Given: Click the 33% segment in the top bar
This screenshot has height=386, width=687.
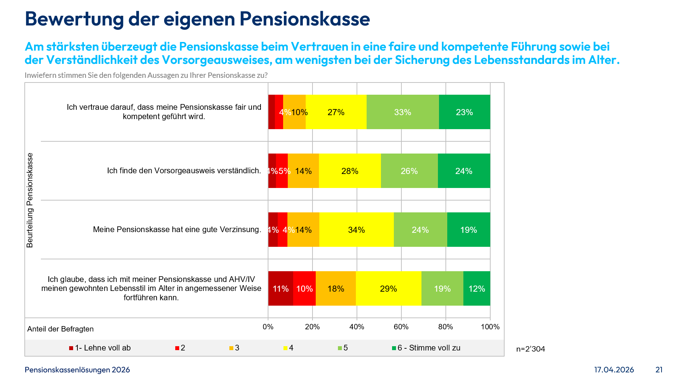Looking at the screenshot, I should pos(402,112).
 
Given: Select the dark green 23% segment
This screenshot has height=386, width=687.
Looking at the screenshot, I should pos(464,112).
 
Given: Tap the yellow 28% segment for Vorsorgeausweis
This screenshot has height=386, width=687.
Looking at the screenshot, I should pos(349,171).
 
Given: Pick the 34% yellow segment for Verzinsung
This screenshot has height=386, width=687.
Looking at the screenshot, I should pos(356,230).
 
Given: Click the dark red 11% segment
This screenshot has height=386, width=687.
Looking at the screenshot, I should pos(280,288).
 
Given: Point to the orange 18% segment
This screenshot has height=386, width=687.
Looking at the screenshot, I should pos(335,288).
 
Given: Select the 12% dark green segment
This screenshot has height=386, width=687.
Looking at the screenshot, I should pos(476,288).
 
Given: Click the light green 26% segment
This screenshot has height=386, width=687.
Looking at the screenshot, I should pos(409,171).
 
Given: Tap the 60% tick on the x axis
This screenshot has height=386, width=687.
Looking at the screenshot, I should pos(401,327).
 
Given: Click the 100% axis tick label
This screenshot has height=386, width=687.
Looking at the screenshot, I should pos(490,327).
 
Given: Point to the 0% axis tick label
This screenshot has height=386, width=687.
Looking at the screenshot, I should pos(268,327).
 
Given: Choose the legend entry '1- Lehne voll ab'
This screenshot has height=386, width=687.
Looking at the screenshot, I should pos(102,348).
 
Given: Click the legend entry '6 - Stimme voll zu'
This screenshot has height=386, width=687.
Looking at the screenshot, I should pos(429,348).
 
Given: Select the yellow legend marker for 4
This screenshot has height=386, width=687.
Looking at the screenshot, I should pos(286,348).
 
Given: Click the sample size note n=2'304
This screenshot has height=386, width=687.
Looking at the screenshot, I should pos(530,349).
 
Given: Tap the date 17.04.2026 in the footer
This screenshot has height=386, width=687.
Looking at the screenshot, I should pos(614,370).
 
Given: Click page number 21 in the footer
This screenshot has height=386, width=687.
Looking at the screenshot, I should pos(659,370).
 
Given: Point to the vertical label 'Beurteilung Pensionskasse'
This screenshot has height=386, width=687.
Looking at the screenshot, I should pos(30,200).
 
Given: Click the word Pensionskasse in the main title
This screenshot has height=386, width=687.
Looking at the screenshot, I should pos(305,19).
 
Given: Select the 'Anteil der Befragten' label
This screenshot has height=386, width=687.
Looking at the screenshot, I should pos(60,329).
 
